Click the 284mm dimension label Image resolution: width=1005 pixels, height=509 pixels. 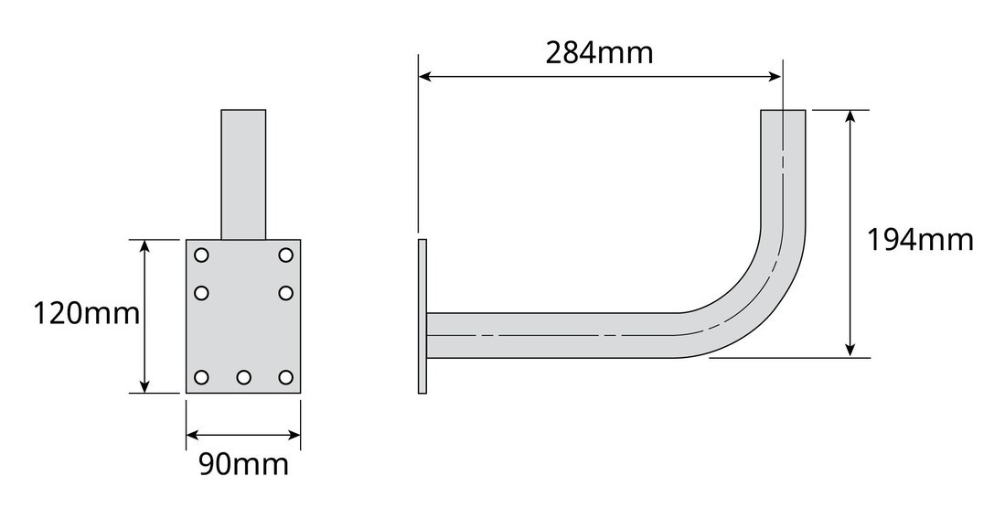(x=599, y=53)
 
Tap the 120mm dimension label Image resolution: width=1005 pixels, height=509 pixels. (x=86, y=315)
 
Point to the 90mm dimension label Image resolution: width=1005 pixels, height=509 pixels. (x=243, y=464)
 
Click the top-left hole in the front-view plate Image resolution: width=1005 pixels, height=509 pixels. (x=202, y=254)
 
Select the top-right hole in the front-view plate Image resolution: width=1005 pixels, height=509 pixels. (x=285, y=254)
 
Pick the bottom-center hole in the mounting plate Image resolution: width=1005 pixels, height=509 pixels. (x=243, y=377)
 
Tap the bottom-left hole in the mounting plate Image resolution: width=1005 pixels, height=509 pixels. (x=202, y=377)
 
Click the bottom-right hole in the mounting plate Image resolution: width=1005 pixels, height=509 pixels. (x=285, y=377)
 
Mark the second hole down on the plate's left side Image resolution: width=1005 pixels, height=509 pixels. (x=202, y=293)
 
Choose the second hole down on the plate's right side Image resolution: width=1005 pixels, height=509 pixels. (x=285, y=293)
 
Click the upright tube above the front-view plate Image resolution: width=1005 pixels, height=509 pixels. (x=243, y=174)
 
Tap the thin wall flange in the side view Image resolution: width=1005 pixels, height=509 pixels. (x=422, y=317)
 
